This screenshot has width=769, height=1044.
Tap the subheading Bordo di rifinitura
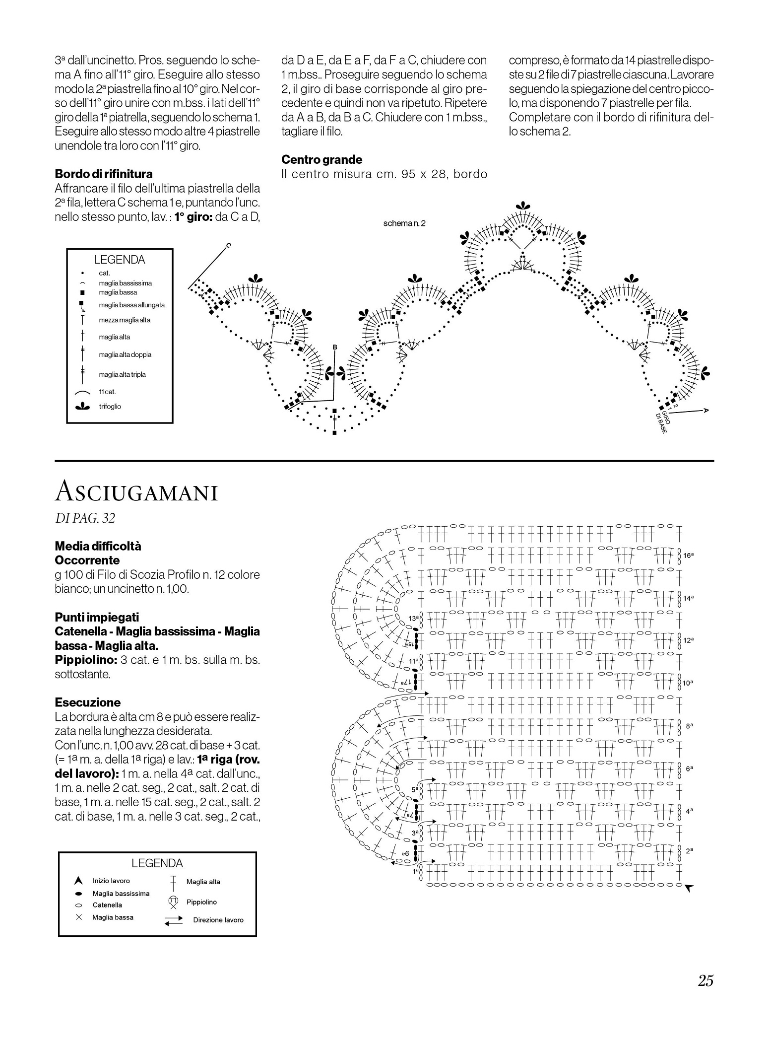pos(104,174)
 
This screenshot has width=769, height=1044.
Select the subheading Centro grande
pos(321,160)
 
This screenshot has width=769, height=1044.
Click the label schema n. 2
pos(404,223)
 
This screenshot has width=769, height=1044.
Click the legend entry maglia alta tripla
pos(122,374)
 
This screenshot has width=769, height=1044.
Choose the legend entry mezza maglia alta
pos(125,320)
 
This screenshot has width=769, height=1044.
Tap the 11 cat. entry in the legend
pos(107,392)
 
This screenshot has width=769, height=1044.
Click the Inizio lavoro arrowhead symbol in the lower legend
pos(78,881)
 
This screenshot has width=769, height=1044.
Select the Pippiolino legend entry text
pos(201,902)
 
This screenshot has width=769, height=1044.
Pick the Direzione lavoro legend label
pos(218,920)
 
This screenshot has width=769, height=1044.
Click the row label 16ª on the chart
pos(688,556)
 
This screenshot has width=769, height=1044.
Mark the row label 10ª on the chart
pos(688,683)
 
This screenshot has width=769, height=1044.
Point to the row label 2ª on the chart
pos(689,850)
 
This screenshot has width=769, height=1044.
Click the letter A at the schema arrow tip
pos(705,411)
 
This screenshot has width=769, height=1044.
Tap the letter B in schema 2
pos(334,347)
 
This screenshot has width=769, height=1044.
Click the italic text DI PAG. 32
pos(85,518)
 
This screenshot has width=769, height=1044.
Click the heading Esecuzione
pos(88,702)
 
